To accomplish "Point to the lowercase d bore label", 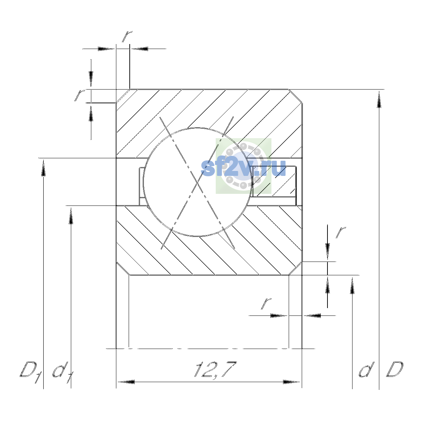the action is point(367,370).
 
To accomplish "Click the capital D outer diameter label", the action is point(395,370).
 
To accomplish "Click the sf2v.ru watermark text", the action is point(244,168).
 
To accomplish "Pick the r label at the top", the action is point(127,36).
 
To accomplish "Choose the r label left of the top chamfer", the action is point(80,95).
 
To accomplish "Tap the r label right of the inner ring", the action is point(341,232).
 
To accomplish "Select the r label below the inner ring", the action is point(266,304).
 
